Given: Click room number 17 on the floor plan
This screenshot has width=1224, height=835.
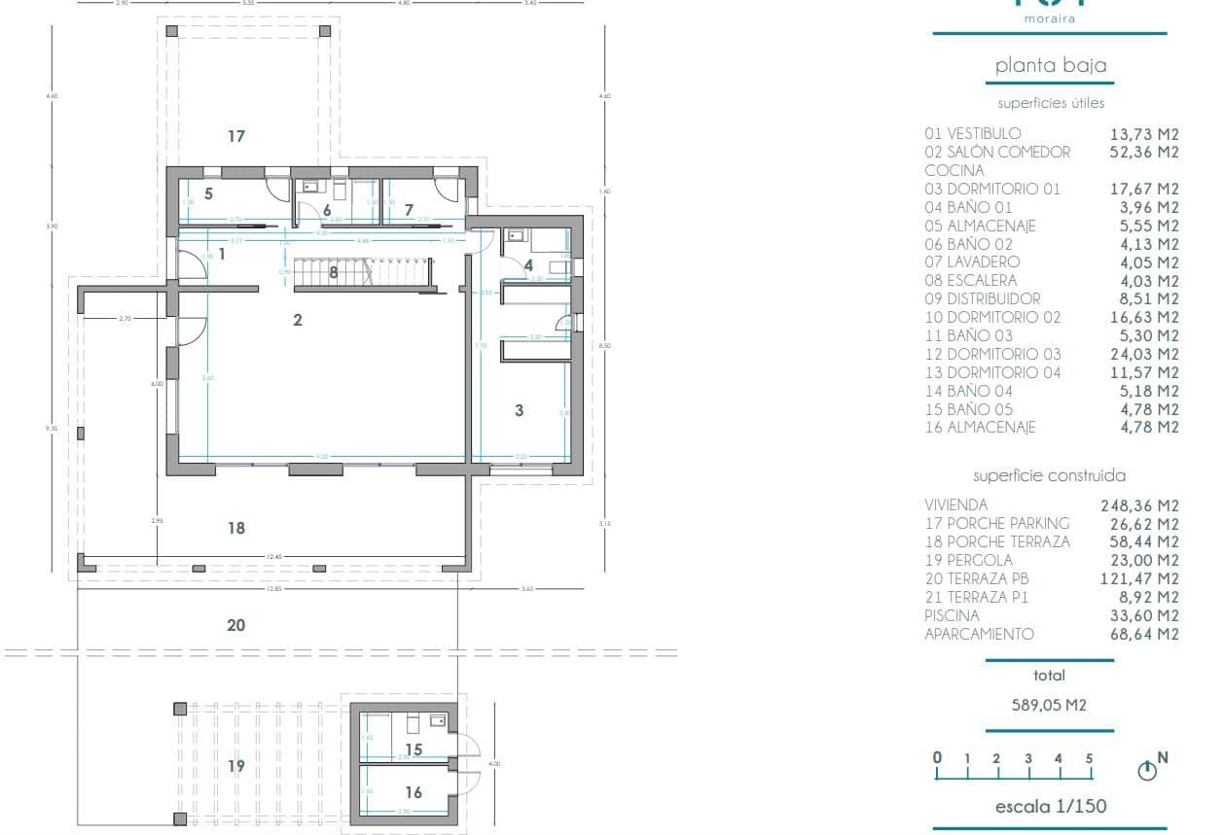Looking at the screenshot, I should pos(235,136).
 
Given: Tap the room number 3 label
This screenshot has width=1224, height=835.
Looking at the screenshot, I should pos(519,411).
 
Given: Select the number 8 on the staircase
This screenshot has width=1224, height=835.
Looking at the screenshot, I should pos(334,273).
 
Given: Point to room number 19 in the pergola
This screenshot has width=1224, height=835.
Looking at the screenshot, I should pos(235,766).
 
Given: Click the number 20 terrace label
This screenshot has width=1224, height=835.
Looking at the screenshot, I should pos(235,625).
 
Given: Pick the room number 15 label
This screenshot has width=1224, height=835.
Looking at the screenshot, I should pos(414,749).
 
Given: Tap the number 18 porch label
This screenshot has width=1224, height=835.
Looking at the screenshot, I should pos(235,528).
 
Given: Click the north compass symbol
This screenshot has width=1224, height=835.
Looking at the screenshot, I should pos(1148,771).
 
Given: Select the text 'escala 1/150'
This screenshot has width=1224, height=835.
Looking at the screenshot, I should pos(1050,806).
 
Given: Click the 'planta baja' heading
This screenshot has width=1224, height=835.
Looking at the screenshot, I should pos(1050,66).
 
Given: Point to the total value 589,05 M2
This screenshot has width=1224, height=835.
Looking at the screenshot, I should pos(1050,705).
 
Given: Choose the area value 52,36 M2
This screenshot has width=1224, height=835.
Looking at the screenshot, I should pos(1144,152).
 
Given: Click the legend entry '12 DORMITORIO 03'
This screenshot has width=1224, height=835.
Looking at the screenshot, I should pos(992,354).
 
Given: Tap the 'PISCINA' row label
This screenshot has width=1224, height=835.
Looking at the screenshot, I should pos(952,615).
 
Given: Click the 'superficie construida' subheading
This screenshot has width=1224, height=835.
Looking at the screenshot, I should pos(1050,475).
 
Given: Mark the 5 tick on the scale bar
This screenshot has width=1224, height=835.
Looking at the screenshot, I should pos(1090,759).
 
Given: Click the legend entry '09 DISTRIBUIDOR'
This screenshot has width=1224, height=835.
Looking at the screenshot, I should pos(982,298).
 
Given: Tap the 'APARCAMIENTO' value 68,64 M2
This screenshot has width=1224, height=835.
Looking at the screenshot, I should pos(1144,634).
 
